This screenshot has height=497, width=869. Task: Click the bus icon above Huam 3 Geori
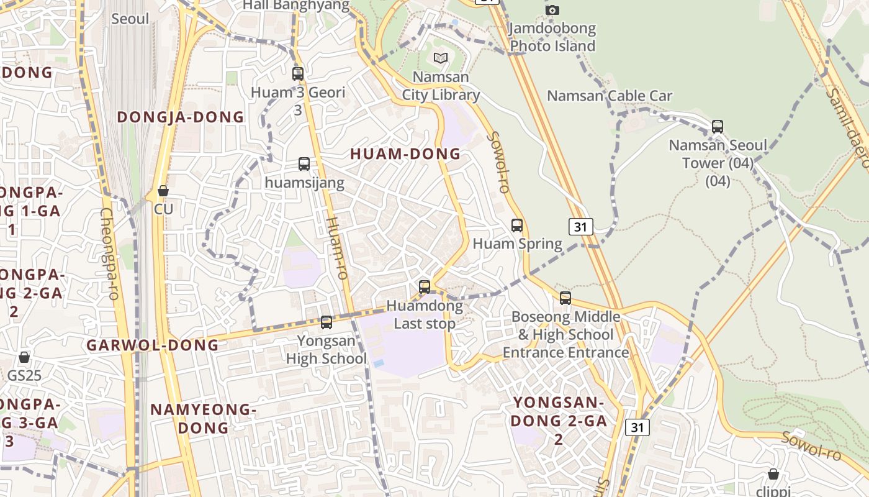pyautogui.click(x=298, y=74)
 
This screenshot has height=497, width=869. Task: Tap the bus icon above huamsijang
pyautogui.click(x=304, y=164)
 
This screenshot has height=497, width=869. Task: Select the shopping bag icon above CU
pyautogui.click(x=163, y=191)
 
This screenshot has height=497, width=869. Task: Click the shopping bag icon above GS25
pyautogui.click(x=24, y=357)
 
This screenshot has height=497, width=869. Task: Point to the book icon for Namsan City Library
pyautogui.click(x=441, y=58)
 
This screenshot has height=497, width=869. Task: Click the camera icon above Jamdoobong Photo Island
pyautogui.click(x=552, y=10)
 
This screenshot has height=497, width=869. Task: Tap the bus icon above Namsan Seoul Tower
pyautogui.click(x=718, y=127)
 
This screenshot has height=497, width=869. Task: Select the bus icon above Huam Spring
pyautogui.click(x=517, y=226)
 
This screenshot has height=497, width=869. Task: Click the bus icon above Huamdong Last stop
pyautogui.click(x=425, y=287)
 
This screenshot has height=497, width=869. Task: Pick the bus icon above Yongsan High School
pyautogui.click(x=326, y=322)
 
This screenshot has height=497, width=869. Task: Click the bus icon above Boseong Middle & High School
pyautogui.click(x=565, y=298)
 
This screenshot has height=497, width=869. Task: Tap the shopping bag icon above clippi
pyautogui.click(x=773, y=475)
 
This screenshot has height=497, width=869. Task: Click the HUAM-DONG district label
pyautogui.click(x=405, y=154)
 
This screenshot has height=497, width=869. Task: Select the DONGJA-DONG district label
pyautogui.click(x=181, y=117)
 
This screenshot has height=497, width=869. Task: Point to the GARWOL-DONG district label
pyautogui.click(x=153, y=345)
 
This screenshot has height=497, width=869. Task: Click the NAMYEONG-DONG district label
pyautogui.click(x=204, y=419)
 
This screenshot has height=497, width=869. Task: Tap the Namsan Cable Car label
pyautogui.click(x=610, y=96)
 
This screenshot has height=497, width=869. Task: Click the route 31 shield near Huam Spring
pyautogui.click(x=580, y=227)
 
